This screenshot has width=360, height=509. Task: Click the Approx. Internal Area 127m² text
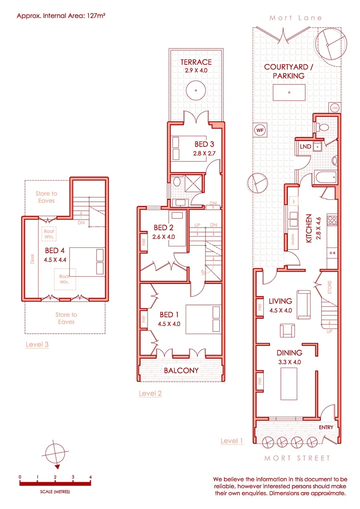point(61,15)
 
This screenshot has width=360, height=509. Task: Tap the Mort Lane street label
point(296,18)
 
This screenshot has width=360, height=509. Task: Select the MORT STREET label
point(297,458)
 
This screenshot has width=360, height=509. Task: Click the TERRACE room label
point(196,62)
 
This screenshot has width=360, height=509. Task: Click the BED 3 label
point(205,144)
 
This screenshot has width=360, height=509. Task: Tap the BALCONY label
point(181,370)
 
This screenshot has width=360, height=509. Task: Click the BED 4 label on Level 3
point(55,250)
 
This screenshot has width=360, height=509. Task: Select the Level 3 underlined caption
point(37,345)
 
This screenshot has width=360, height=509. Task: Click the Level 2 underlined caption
point(150,393)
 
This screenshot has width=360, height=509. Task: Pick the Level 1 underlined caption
point(232,441)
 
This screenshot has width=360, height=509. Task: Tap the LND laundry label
point(305,147)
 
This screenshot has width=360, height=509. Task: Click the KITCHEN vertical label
point(309,229)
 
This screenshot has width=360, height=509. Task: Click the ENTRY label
point(326,427)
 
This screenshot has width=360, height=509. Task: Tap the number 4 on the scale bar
point(90,477)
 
